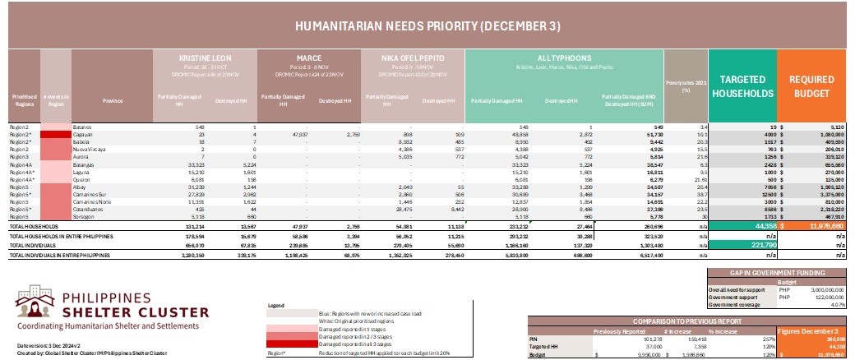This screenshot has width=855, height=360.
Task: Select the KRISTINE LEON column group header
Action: [206, 58]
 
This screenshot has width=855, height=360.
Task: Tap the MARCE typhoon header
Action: [308, 58]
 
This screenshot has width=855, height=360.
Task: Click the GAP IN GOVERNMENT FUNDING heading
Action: [778, 270]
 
